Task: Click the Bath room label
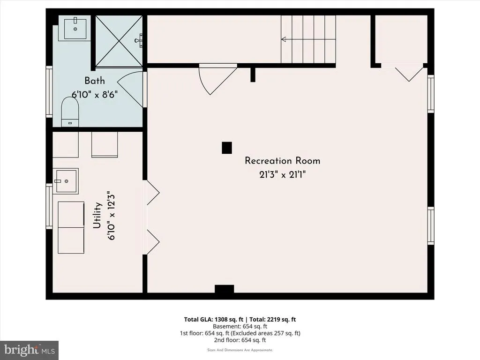coord(95,81)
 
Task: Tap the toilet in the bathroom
coord(70,112)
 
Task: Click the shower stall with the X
coord(119,41)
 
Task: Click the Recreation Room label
coord(282,161)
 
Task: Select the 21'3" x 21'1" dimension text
coord(282,175)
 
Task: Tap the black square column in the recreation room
coord(227,148)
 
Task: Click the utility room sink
coord(66,181)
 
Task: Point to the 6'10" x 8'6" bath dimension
coord(95,94)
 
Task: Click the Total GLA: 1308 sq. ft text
coord(214,319)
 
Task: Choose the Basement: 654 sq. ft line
coord(240,326)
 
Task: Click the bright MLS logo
coord(30,350)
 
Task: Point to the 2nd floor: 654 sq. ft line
coord(240,340)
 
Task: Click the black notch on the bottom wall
coord(225,289)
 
